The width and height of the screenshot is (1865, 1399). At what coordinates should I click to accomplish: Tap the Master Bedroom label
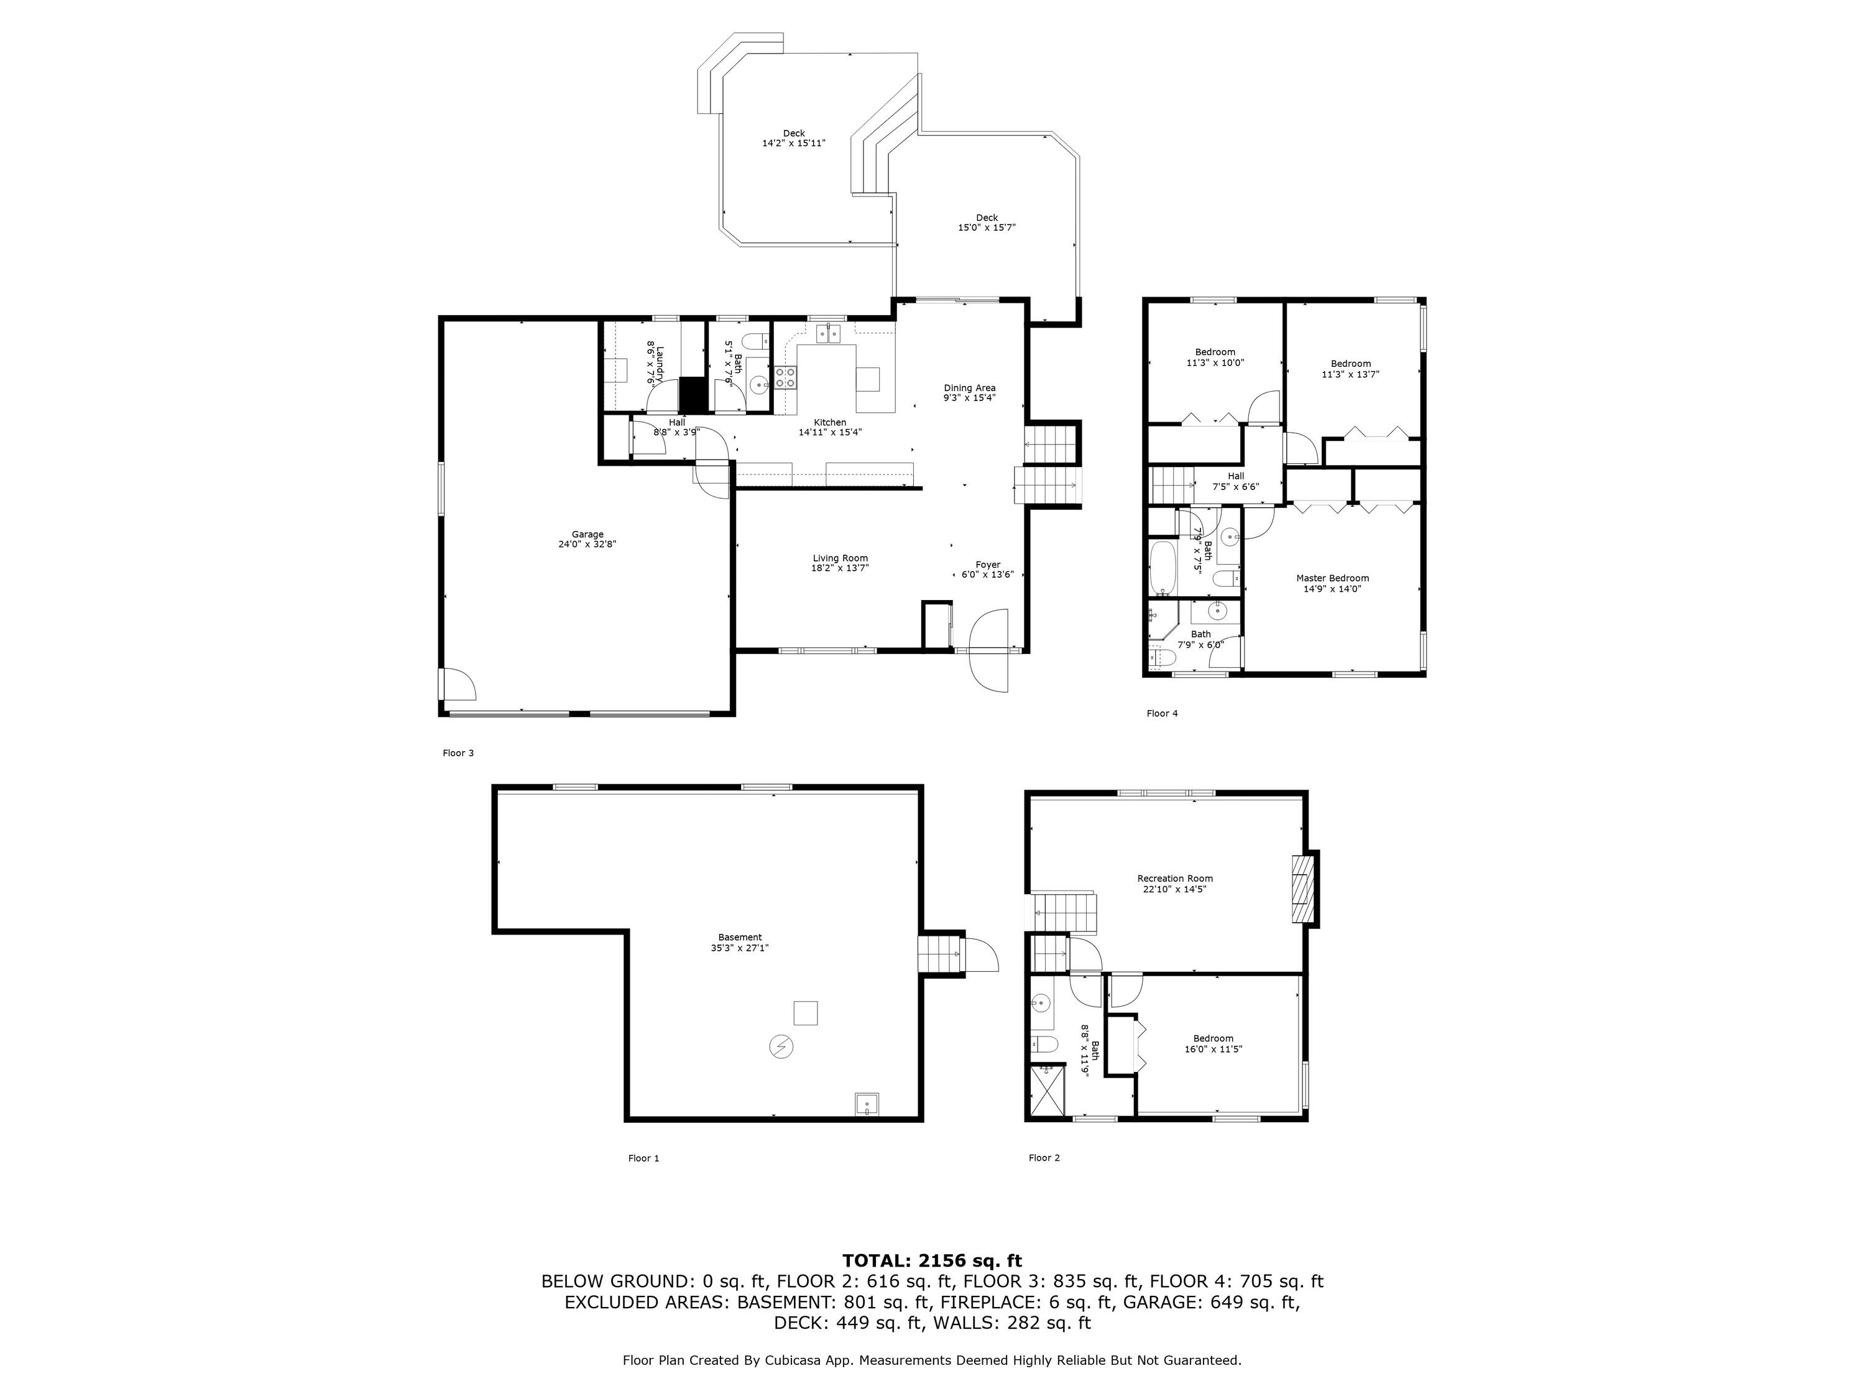1332,578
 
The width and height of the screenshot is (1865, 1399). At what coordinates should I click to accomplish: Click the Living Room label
840,558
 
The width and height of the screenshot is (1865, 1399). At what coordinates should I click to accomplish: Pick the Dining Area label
970,388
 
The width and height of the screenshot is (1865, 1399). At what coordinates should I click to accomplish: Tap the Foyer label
988,565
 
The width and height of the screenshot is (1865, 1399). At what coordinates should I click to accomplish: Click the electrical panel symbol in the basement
781,1046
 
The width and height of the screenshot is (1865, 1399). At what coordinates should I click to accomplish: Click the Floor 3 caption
458,753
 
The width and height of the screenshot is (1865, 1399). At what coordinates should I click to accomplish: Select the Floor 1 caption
643,1158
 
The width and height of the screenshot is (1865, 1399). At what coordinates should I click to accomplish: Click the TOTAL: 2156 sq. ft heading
932,1262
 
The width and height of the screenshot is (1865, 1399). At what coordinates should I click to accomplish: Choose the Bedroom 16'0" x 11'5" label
1213,1044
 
